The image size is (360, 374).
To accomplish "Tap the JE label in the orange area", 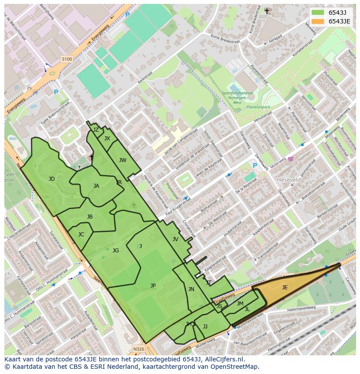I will click(x=285, y=287).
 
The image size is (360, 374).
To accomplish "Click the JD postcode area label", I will click(x=52, y=179).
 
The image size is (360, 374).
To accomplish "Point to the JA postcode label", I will click(x=96, y=186).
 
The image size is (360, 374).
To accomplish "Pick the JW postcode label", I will click(x=123, y=160).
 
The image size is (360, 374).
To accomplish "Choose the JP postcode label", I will click(x=153, y=285).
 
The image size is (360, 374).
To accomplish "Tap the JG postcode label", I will click(x=116, y=251).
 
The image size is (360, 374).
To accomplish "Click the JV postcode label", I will click(x=175, y=239).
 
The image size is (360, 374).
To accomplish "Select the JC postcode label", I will click(x=81, y=235).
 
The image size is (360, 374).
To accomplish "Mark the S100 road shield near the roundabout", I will click(x=67, y=59).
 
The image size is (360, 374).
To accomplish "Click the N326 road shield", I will click(x=138, y=349).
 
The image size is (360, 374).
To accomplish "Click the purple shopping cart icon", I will click(x=290, y=159).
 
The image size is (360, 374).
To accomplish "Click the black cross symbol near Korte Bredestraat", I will click(x=267, y=11).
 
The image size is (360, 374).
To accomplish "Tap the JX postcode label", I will click(x=107, y=139).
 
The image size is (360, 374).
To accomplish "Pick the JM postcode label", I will click(x=240, y=304).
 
